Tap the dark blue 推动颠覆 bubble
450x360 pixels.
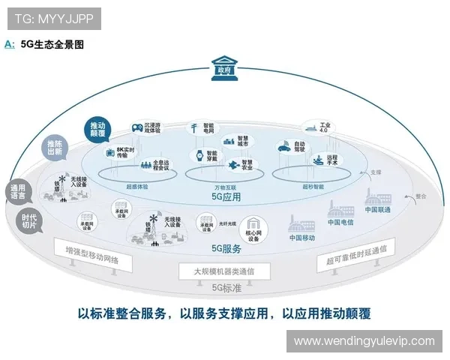point(97,129)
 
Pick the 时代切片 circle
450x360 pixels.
point(27,220)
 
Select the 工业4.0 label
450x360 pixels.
point(324,130)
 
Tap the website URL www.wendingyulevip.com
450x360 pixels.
point(364,340)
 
